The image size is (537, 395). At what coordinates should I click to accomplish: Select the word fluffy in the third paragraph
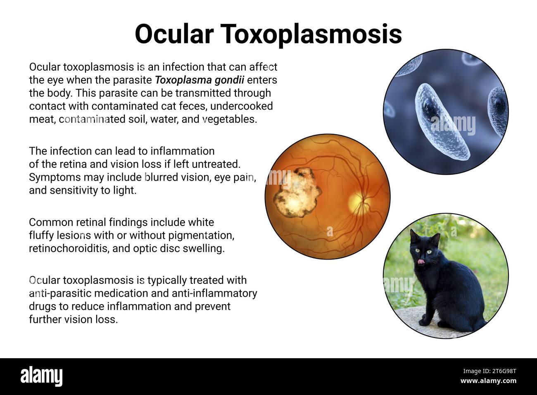pyautogui.click(x=41, y=236)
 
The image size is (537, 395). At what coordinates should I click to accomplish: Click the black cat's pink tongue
pyautogui.click(x=421, y=262)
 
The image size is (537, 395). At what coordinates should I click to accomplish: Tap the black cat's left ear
pyautogui.click(x=413, y=236)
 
